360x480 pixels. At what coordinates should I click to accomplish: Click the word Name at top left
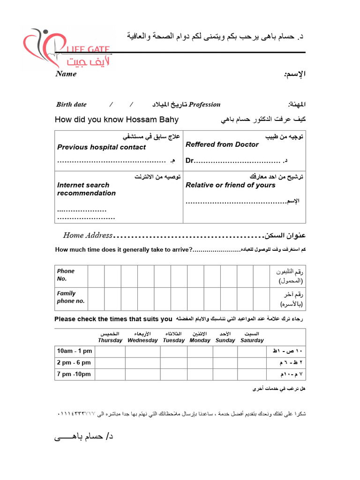pos(66,74)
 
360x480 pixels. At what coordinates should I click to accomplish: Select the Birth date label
pos(71,105)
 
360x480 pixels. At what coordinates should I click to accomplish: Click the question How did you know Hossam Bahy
pos(117,120)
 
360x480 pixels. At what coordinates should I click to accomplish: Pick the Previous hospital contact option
pos(101,147)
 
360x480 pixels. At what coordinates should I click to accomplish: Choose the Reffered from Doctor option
pos(222,144)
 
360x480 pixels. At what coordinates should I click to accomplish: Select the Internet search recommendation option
pos(86,189)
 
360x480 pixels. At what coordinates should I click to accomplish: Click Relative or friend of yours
pos(231,185)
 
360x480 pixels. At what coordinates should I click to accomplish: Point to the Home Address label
pos(88,235)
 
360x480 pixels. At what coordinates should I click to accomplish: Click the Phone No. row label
pos(66,275)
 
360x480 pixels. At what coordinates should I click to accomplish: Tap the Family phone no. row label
pos(71,297)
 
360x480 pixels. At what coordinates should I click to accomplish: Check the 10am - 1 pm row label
pos(75,351)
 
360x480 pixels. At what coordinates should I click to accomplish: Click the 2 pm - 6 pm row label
pos(74,362)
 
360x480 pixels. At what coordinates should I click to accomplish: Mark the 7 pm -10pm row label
pos(74,374)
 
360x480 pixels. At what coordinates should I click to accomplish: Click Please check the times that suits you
pos(113,319)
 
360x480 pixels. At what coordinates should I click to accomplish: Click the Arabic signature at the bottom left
pos(84,437)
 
